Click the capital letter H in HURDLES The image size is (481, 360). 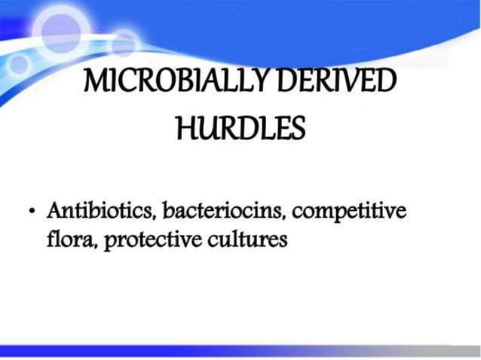[184, 130]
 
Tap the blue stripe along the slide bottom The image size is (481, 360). [240, 350]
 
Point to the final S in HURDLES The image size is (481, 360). [299, 130]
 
